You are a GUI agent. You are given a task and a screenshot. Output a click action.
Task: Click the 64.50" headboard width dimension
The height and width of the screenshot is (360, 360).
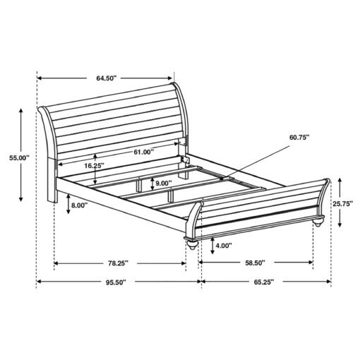point(107,78)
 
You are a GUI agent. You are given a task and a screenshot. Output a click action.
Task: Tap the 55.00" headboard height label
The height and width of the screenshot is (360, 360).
point(19,157)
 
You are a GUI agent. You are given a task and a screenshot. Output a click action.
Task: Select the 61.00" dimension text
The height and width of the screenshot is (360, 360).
point(143,152)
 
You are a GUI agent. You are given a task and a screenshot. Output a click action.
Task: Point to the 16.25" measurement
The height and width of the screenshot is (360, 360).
point(94,166)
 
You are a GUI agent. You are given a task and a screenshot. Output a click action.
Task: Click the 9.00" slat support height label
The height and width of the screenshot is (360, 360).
point(164,183)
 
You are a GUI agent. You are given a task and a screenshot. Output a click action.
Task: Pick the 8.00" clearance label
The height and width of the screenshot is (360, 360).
point(80,205)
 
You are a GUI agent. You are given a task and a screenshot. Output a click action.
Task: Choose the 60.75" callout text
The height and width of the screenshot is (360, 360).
point(299,138)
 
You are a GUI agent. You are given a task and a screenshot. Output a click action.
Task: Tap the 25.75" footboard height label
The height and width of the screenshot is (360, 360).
point(343,203)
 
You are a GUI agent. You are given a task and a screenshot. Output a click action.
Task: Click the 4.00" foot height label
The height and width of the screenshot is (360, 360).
point(224,246)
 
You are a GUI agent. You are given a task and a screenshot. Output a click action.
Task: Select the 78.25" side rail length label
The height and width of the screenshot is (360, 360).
point(118,263)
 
